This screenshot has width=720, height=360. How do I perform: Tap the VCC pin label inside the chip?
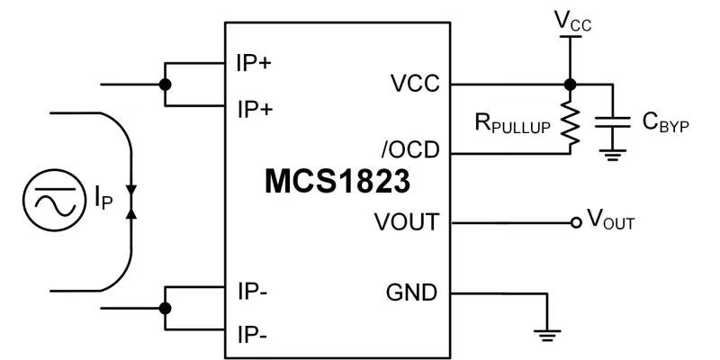tap(415, 85)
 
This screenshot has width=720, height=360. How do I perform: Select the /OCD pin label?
tap(411, 149)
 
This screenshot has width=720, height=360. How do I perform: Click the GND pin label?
tap(411, 292)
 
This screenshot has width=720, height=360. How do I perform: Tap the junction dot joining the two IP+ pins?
tap(164, 85)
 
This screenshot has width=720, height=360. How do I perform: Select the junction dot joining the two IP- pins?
tap(164, 308)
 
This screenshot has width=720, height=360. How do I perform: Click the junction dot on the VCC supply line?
tap(569, 85)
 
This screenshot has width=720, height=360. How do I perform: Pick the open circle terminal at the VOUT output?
tap(576, 221)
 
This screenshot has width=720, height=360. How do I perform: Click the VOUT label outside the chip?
tap(610, 219)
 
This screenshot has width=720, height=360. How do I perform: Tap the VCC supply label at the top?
tap(571, 19)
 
